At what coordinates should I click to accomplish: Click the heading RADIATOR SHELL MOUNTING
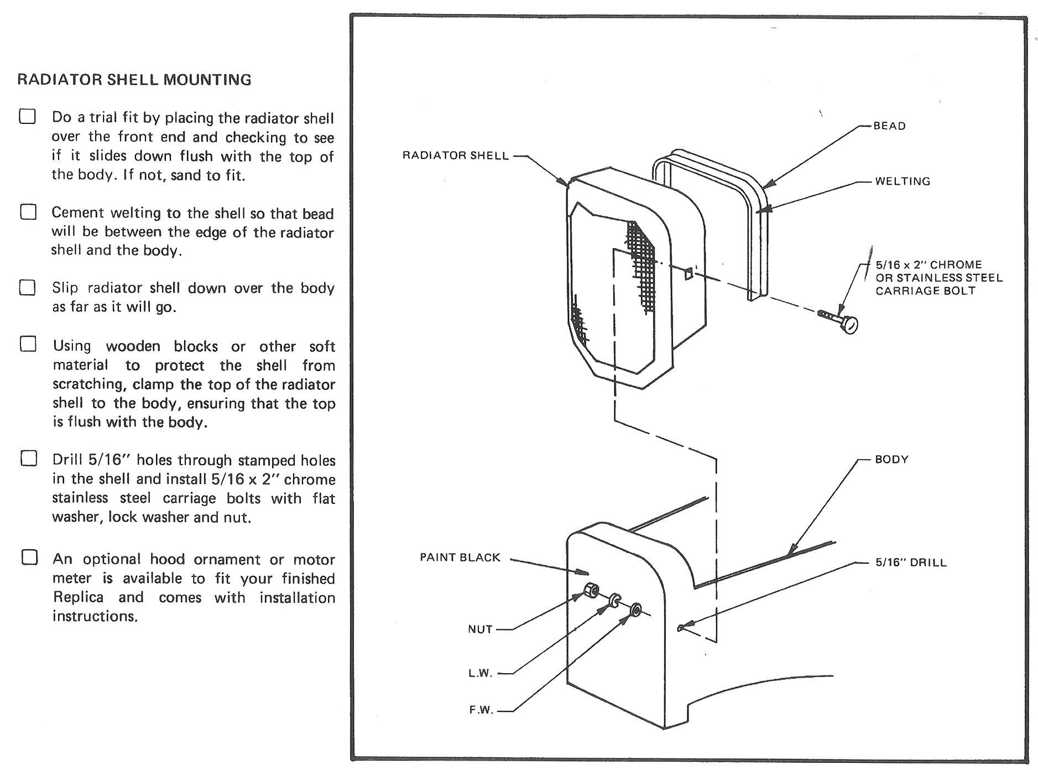point(134,80)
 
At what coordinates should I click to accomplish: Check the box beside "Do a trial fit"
point(28,116)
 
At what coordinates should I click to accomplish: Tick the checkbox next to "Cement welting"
point(28,212)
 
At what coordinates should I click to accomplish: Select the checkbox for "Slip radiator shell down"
point(28,288)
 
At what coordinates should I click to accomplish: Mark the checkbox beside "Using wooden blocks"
point(28,344)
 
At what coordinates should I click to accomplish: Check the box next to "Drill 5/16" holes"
point(29,459)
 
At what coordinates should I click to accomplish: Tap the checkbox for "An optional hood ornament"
point(30,557)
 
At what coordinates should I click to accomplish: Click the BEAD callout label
point(889,126)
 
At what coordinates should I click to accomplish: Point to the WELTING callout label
point(902,181)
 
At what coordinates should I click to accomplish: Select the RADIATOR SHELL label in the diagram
point(455,156)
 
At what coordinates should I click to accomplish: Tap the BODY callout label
point(891,460)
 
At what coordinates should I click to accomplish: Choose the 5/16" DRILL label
point(910,563)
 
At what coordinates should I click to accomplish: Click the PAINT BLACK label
point(460,558)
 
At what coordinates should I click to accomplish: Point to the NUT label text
point(479,629)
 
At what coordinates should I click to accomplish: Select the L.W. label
point(480,673)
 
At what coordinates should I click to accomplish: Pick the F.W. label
point(481,710)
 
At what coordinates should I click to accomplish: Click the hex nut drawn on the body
point(591,590)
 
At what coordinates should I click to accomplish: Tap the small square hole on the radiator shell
point(688,273)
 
